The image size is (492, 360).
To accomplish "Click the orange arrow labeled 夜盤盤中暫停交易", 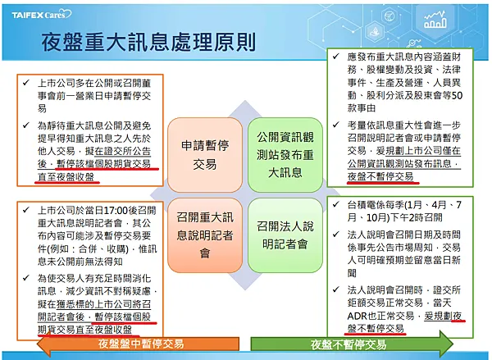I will [x=123, y=345].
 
